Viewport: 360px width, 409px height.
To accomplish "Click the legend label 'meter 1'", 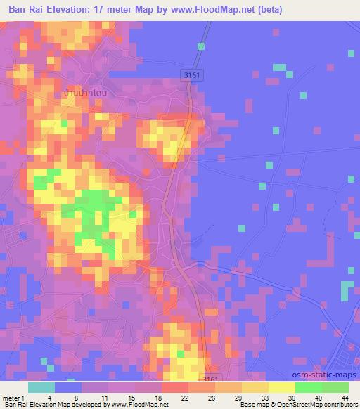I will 13,398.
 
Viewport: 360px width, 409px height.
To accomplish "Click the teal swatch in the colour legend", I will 41,388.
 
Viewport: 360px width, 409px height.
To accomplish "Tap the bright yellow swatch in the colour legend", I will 282,388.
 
